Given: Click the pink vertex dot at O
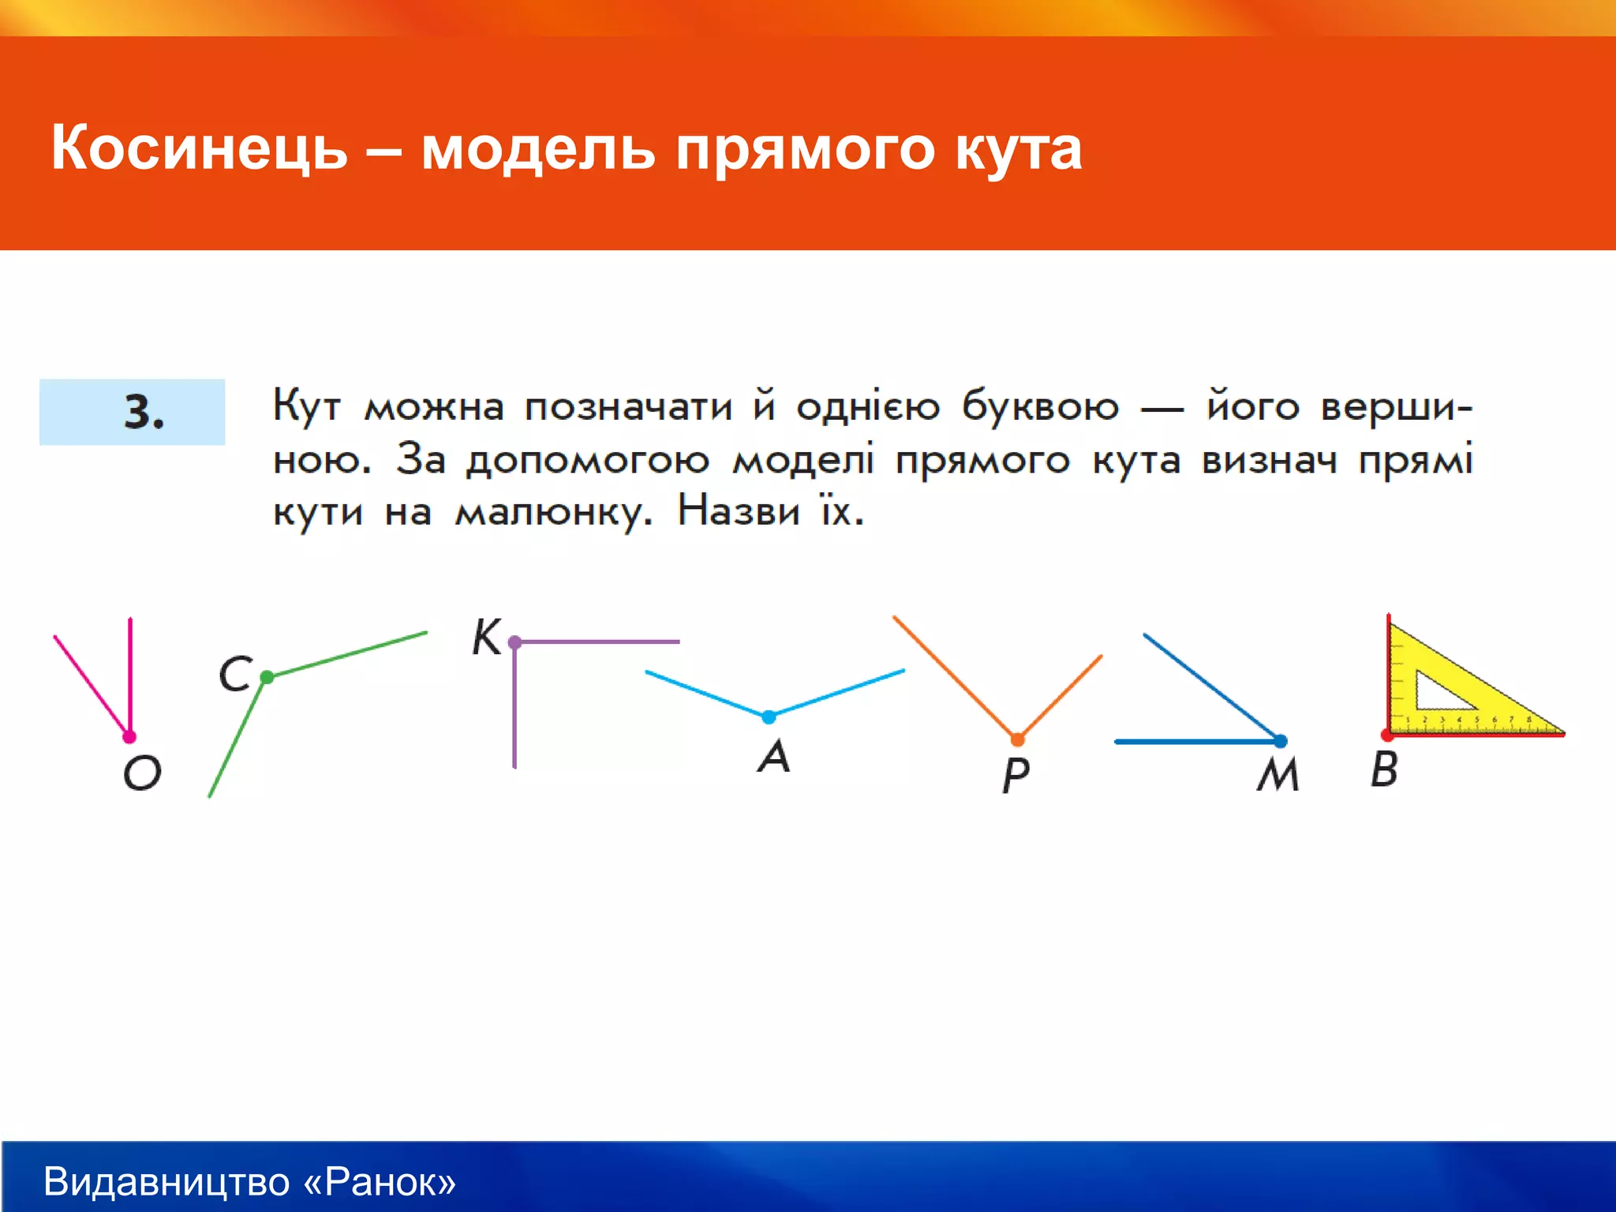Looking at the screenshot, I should (x=129, y=737).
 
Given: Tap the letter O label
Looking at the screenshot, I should (x=142, y=772).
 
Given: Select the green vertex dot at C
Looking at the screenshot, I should (x=267, y=677).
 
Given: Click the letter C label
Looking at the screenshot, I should (x=235, y=675).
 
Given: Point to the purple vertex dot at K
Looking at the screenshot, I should (x=514, y=642).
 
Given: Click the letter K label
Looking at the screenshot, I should (x=486, y=638).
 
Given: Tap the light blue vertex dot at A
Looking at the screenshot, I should (x=769, y=716).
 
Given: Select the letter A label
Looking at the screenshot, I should (x=774, y=756).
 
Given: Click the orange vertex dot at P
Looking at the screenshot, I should (x=1017, y=739).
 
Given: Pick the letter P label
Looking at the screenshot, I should (x=1016, y=776).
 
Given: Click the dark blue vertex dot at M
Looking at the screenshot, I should (x=1281, y=741).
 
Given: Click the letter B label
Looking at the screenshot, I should (x=1384, y=769).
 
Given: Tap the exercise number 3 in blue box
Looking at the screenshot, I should (x=143, y=412).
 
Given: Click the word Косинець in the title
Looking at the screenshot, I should (x=199, y=148).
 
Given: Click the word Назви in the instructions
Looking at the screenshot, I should (x=739, y=511).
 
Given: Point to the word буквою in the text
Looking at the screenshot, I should (x=1039, y=407).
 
